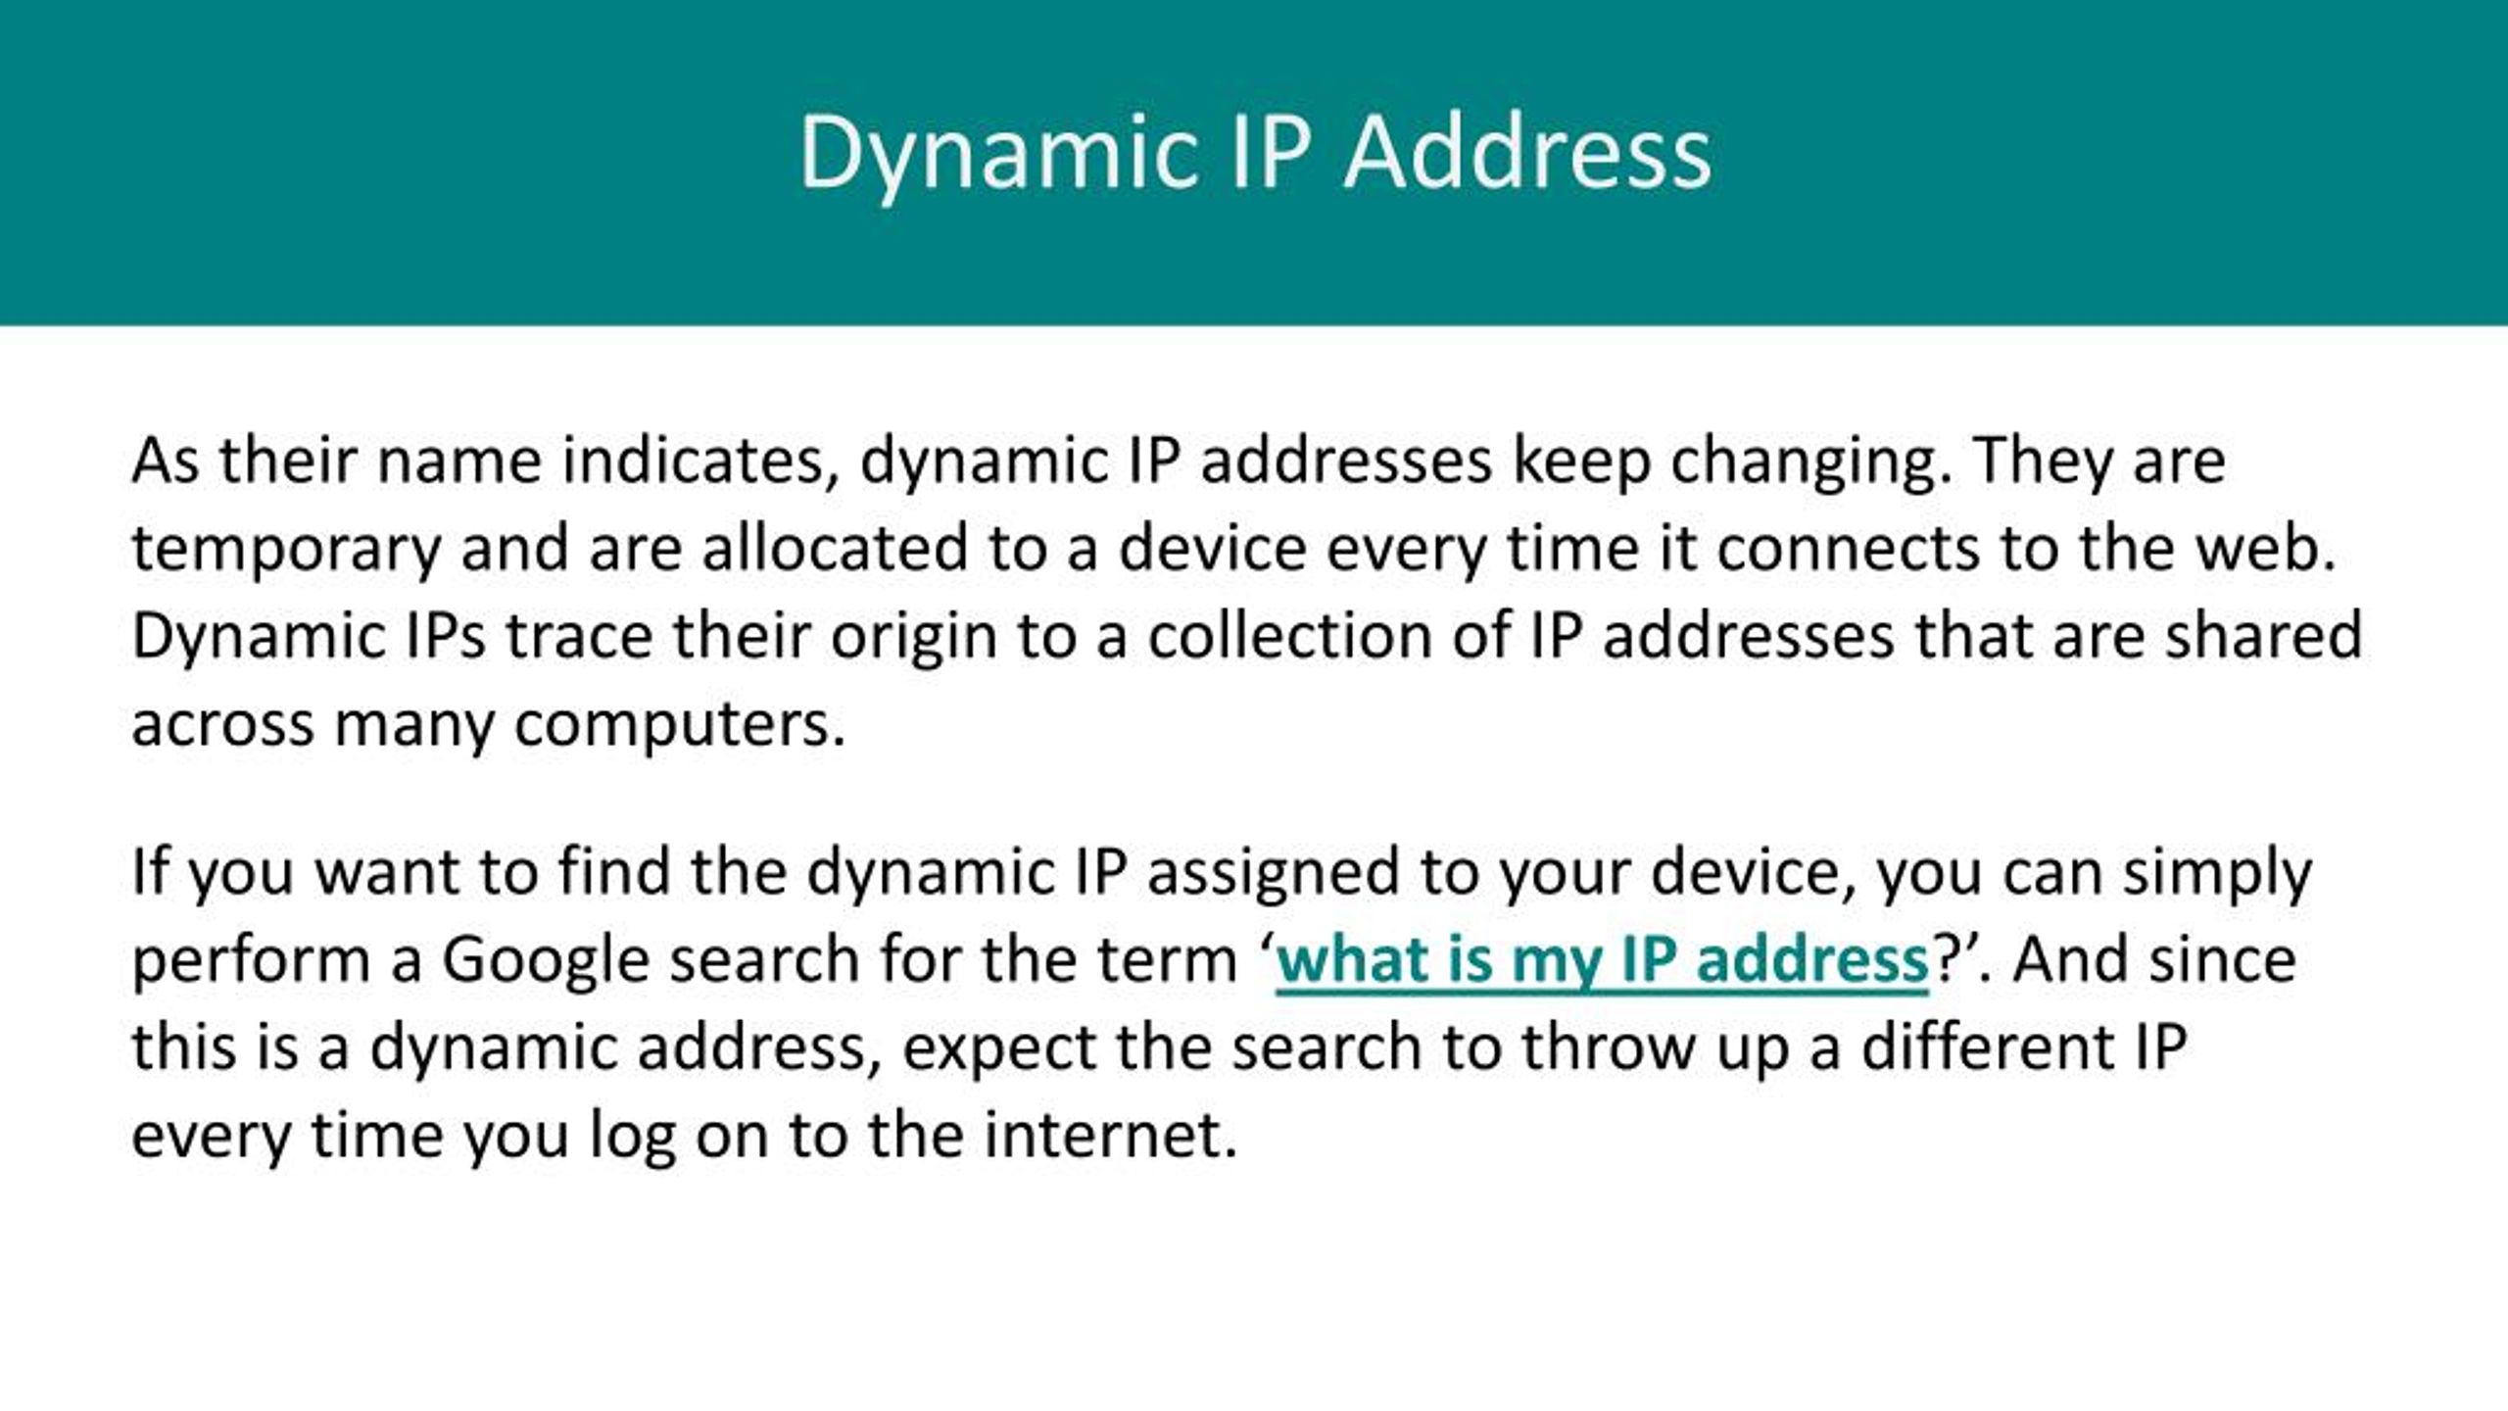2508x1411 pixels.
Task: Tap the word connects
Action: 1848,549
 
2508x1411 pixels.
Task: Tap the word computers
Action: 679,725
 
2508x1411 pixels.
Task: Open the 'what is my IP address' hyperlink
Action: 1602,960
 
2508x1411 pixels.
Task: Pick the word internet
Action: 1110,1135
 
